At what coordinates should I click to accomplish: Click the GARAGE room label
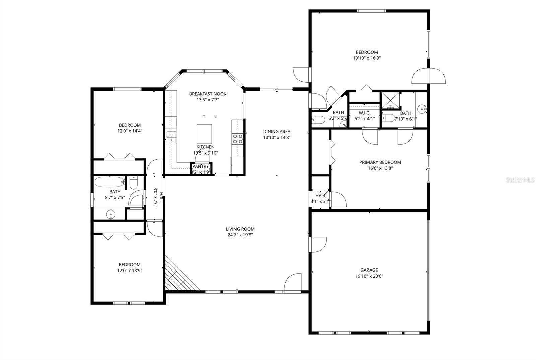point(369,270)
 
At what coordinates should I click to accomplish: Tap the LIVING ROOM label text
point(240,229)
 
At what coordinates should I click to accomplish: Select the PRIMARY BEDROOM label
point(380,162)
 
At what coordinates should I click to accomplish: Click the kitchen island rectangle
point(204,134)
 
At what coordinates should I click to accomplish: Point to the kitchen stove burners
point(238,139)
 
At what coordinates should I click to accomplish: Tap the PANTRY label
point(201,166)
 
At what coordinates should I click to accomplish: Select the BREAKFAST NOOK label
point(208,94)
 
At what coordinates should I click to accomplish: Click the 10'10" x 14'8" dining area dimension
point(276,137)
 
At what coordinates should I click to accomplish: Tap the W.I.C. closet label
point(364,113)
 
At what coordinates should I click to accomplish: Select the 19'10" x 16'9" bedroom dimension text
point(367,58)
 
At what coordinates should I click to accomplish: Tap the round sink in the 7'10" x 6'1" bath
point(422,108)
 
